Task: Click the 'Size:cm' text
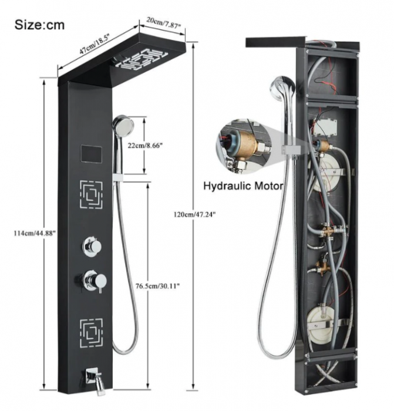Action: (40, 25)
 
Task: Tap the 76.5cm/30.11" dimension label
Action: (154, 286)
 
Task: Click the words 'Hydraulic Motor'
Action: (243, 186)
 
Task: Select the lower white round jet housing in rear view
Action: (320, 322)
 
